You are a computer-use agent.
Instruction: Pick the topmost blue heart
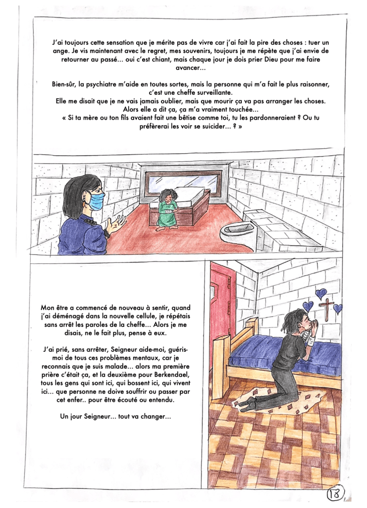(x=320, y=293)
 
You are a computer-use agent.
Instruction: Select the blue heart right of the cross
(x=338, y=309)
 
